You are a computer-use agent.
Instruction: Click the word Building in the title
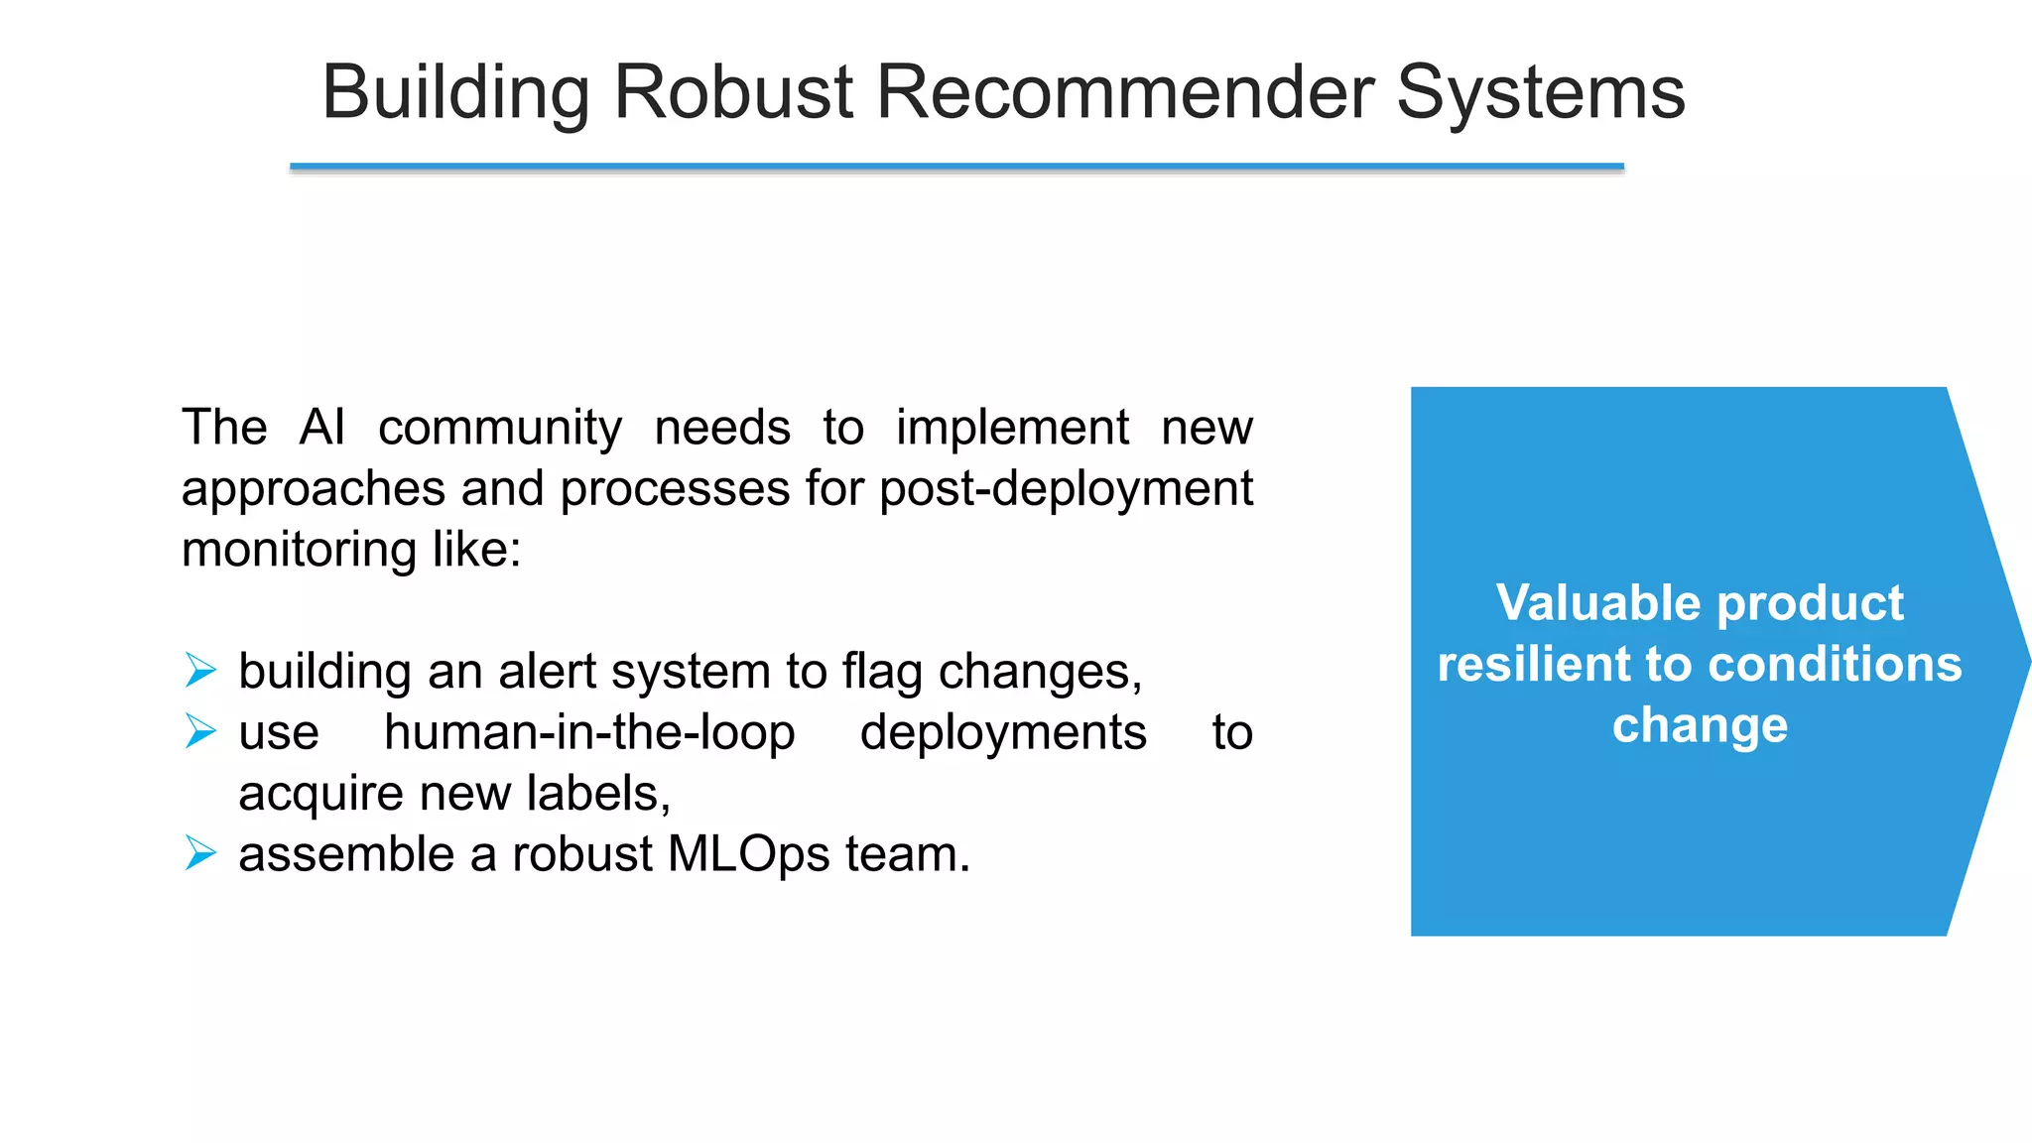[455, 93]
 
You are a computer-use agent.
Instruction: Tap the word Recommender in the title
[1125, 93]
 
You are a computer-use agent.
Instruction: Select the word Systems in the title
[1540, 93]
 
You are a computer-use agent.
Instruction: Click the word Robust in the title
[733, 93]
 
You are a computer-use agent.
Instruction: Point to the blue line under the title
[956, 167]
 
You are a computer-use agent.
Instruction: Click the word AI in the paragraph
[322, 428]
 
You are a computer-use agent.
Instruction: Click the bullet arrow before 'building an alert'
[200, 671]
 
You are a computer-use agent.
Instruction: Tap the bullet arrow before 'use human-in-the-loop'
[200, 732]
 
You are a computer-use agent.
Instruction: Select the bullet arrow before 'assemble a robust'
[200, 853]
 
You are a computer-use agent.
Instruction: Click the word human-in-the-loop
[589, 733]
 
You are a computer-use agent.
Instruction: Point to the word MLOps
[748, 855]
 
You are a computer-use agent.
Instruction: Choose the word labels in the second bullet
[597, 794]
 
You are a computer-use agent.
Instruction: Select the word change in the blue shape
[1700, 726]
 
